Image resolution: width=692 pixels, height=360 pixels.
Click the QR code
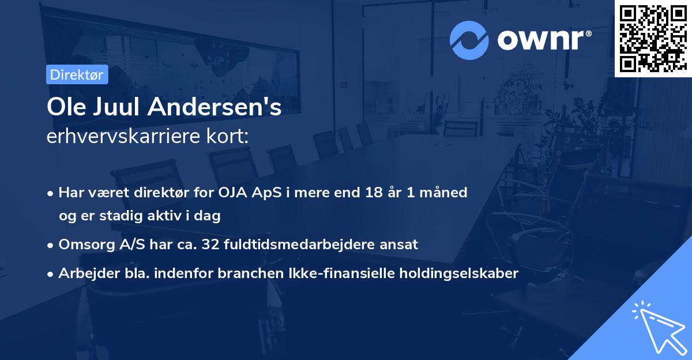[x=652, y=39]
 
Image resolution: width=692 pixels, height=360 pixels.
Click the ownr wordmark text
[x=543, y=40]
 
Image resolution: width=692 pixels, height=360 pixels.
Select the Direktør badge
[x=76, y=74]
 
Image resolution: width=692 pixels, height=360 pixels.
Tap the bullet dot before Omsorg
[x=51, y=245]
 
